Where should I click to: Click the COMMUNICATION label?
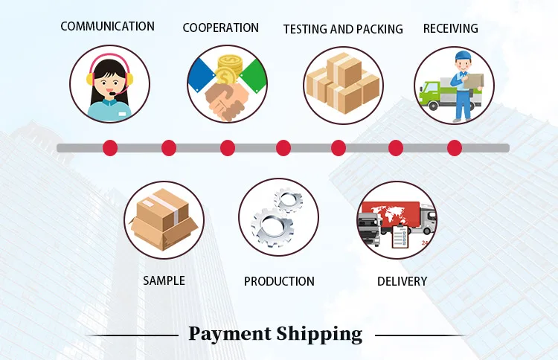pyautogui.click(x=107, y=27)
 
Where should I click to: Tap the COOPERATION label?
pyautogui.click(x=221, y=28)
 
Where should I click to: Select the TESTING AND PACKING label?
pyautogui.click(x=343, y=30)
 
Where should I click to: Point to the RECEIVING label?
pyautogui.click(x=450, y=29)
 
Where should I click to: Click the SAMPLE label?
pyautogui.click(x=164, y=280)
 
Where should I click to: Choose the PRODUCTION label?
pyautogui.click(x=279, y=281)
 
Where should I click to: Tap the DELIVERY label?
pyautogui.click(x=402, y=281)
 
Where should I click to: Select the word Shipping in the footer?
pyautogui.click(x=319, y=334)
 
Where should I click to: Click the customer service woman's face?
pyautogui.click(x=109, y=80)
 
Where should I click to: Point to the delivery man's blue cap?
pyautogui.click(x=464, y=57)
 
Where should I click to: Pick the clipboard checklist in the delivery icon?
pyautogui.click(x=400, y=237)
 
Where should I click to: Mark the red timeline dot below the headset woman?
pyautogui.click(x=110, y=148)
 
